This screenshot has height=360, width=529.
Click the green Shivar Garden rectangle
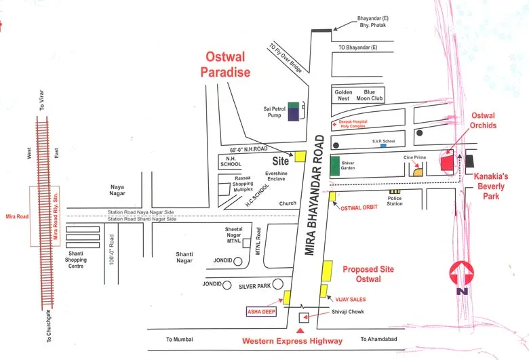(x=334, y=165)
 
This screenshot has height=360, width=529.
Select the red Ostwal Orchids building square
(x=447, y=163)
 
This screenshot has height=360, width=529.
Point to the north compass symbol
(x=462, y=275)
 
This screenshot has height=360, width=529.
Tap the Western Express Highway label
(x=293, y=340)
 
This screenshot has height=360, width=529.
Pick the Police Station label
(x=395, y=201)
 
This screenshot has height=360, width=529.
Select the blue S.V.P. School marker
(x=384, y=146)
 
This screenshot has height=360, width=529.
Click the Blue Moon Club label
(x=373, y=95)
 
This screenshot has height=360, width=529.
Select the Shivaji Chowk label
(x=349, y=312)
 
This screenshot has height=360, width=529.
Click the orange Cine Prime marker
(x=418, y=172)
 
